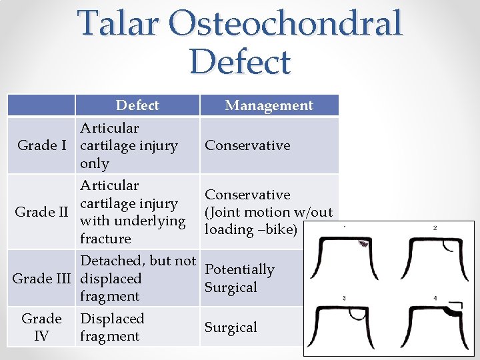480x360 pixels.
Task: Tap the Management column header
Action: [269, 105]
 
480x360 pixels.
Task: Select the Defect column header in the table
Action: [137, 105]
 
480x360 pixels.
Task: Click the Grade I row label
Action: [41, 145]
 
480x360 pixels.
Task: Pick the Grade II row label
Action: [41, 212]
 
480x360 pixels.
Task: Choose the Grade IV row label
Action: [41, 327]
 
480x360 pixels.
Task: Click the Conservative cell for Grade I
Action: [247, 145]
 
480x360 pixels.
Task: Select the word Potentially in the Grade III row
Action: [239, 269]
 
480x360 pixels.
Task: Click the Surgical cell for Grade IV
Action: [231, 327]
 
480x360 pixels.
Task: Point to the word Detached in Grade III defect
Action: [110, 261]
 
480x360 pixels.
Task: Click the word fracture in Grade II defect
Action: [105, 239]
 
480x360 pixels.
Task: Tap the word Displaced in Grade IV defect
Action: [112, 319]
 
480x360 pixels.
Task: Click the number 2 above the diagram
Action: [435, 228]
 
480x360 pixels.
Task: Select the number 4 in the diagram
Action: [435, 298]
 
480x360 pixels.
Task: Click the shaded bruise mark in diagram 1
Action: [364, 244]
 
